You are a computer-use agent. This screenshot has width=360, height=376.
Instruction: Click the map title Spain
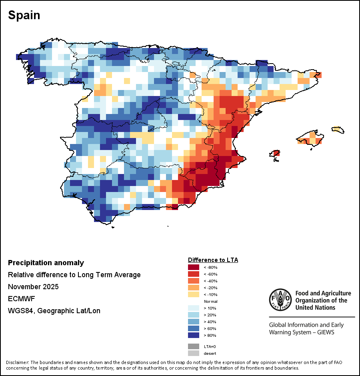pos(24,15)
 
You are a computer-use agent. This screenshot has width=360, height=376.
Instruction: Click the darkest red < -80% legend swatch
pos(193,267)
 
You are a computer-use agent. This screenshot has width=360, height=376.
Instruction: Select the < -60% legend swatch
pos(193,274)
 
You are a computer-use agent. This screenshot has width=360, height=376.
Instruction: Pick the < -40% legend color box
pos(193,281)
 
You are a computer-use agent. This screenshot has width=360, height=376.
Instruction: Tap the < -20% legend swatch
pos(193,288)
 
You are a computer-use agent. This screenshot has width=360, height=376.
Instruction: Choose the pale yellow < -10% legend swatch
pos(193,294)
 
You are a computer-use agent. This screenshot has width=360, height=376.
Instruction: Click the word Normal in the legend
pos(210,301)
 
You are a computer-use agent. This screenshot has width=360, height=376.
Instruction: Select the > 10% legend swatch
pos(193,308)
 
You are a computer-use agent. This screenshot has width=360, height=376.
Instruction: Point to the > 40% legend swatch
pos(193,322)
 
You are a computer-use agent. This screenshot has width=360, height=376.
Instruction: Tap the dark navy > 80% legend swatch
pos(193,335)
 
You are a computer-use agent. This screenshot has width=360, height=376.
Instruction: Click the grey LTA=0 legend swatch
pos(193,346)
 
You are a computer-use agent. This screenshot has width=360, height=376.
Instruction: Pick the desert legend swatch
pos(193,353)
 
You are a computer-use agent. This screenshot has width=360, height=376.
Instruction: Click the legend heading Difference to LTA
pos(213,260)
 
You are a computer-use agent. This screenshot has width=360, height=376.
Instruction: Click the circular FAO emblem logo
pos(280,300)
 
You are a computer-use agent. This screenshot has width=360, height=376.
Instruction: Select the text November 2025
pos(33,287)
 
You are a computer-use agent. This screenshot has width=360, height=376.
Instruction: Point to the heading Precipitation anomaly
pos(46,263)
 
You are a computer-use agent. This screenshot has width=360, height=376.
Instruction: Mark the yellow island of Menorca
pos(338,130)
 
